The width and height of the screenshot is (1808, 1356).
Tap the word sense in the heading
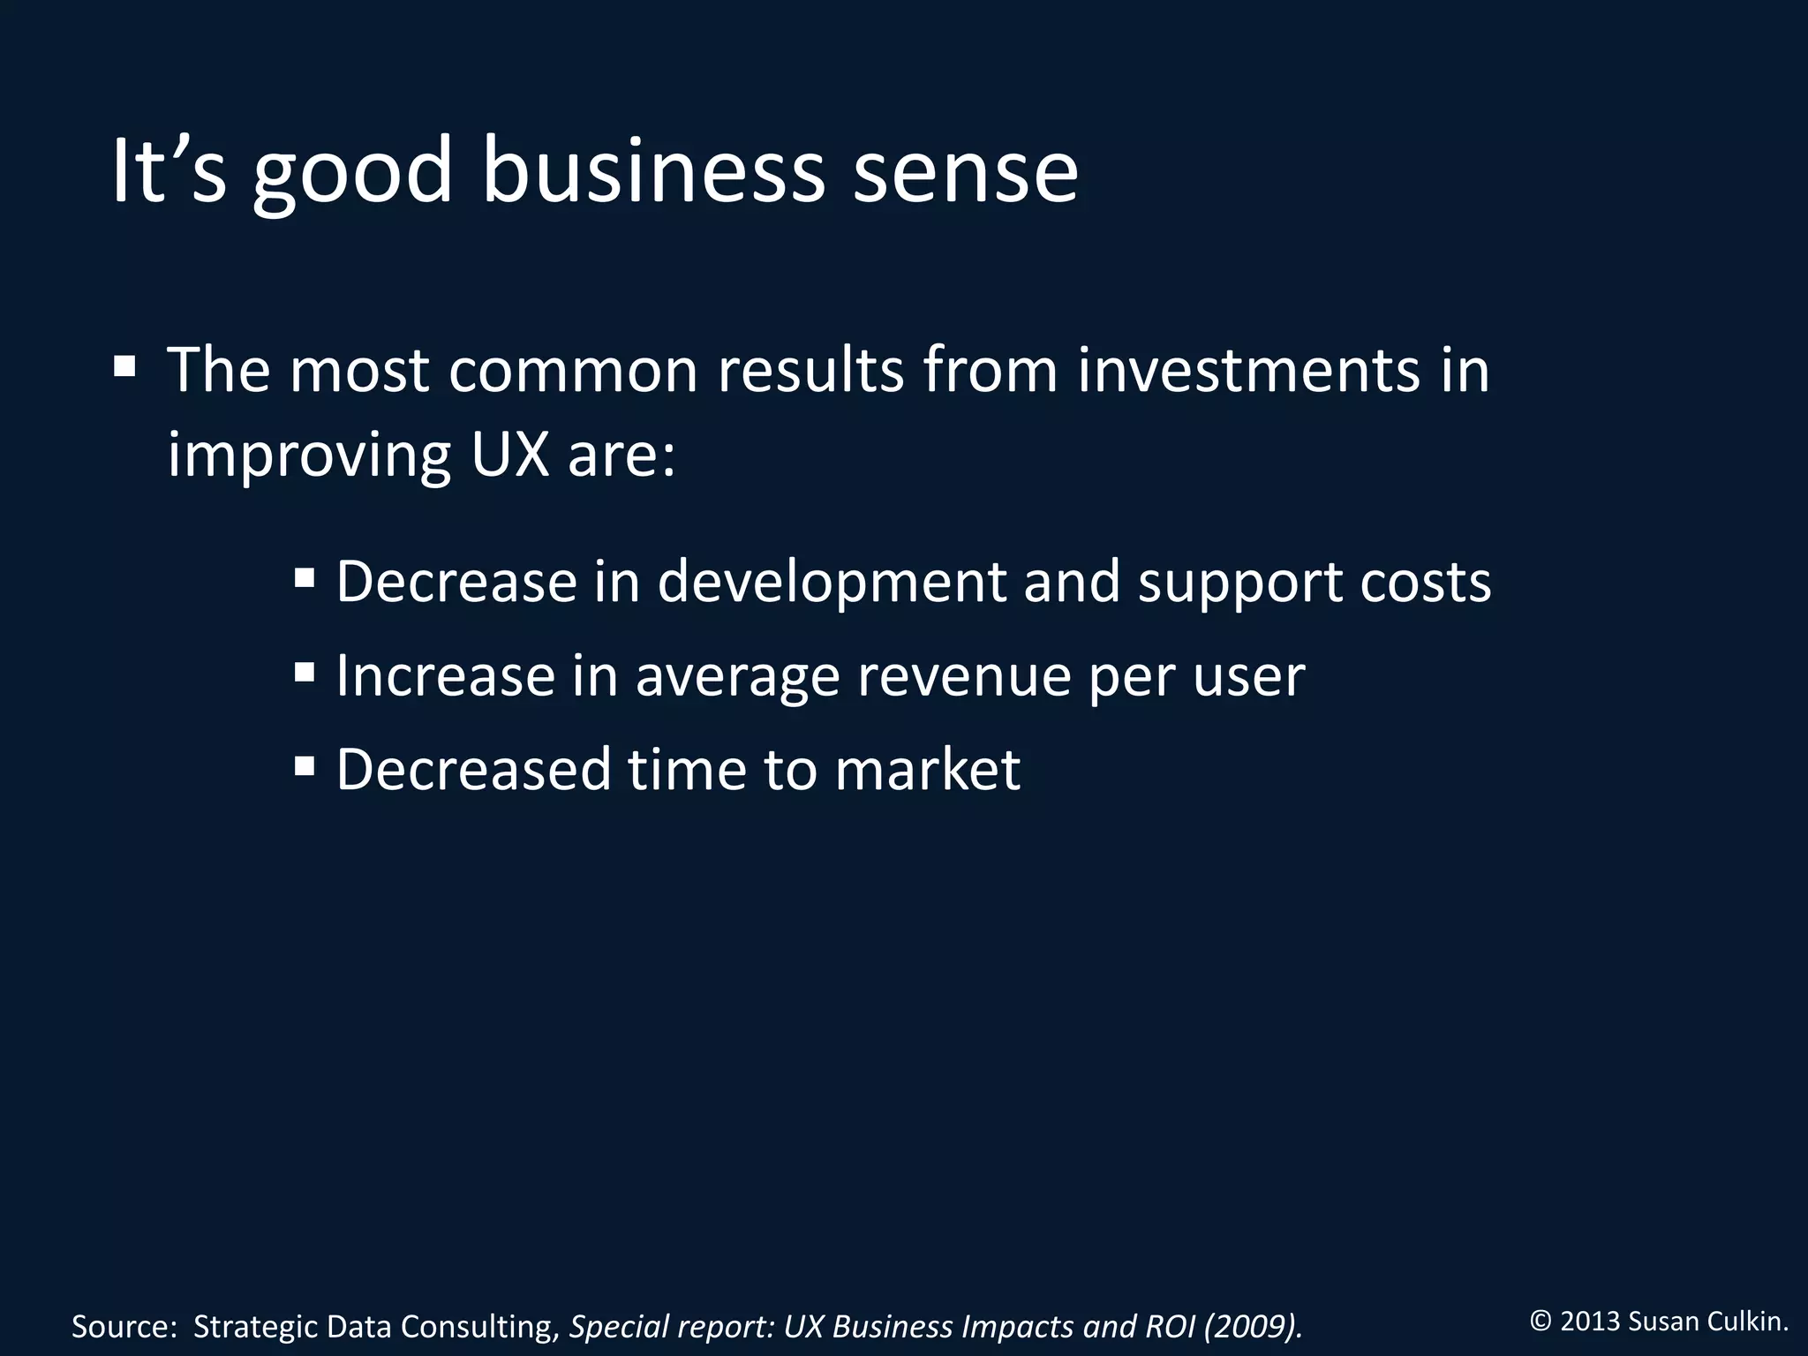coord(966,172)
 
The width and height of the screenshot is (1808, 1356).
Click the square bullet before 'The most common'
coord(124,365)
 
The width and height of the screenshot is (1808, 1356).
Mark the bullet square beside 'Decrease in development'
coord(305,579)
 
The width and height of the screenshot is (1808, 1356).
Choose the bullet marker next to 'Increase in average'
coord(305,674)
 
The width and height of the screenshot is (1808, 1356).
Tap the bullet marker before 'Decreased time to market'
coord(305,765)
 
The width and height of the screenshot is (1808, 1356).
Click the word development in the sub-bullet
coord(832,583)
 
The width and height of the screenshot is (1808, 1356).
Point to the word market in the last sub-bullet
coord(927,769)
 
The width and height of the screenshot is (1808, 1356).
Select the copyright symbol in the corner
coord(1541,1322)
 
